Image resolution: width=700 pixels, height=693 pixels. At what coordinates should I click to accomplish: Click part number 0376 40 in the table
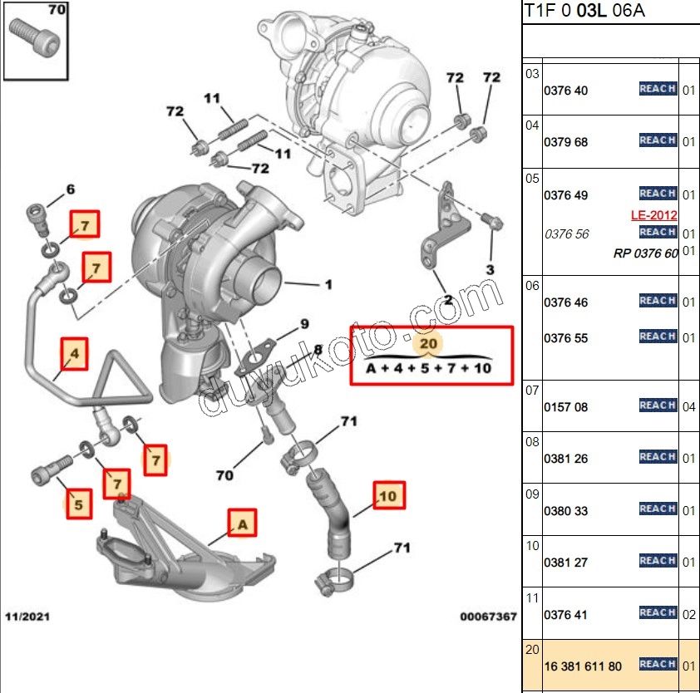[565, 91]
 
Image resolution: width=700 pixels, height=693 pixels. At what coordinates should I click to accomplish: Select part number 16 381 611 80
[582, 666]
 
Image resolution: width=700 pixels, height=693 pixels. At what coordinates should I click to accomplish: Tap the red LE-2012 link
[654, 215]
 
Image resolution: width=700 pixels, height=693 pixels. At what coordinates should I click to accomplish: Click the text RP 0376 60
[645, 253]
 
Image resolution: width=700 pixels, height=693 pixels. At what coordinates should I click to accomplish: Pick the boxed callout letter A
[242, 524]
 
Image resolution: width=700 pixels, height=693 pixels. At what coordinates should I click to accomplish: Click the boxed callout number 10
[388, 496]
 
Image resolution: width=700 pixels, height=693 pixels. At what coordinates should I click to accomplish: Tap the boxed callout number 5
[78, 504]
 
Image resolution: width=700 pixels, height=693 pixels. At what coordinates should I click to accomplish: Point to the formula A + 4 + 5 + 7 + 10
[430, 368]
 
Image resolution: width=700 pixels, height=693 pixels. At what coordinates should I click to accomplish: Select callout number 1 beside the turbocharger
[328, 285]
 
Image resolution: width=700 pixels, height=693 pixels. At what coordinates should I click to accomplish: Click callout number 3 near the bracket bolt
[490, 269]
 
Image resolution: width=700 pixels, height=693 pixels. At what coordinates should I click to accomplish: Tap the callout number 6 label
[70, 189]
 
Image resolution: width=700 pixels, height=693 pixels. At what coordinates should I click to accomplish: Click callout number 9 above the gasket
[304, 323]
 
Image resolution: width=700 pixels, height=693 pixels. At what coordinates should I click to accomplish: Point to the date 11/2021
[26, 617]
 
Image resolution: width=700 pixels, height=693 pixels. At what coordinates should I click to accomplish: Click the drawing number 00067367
[488, 617]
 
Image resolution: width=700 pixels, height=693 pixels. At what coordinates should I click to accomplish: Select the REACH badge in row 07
[658, 405]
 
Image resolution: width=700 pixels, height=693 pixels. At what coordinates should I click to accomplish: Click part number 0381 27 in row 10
[565, 563]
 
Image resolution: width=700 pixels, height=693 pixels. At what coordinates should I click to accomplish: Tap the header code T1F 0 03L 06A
[584, 11]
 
